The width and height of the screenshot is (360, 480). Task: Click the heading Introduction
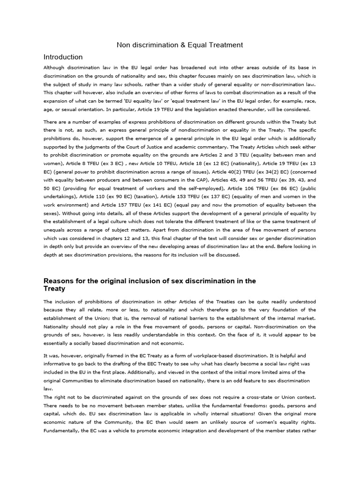(63, 57)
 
